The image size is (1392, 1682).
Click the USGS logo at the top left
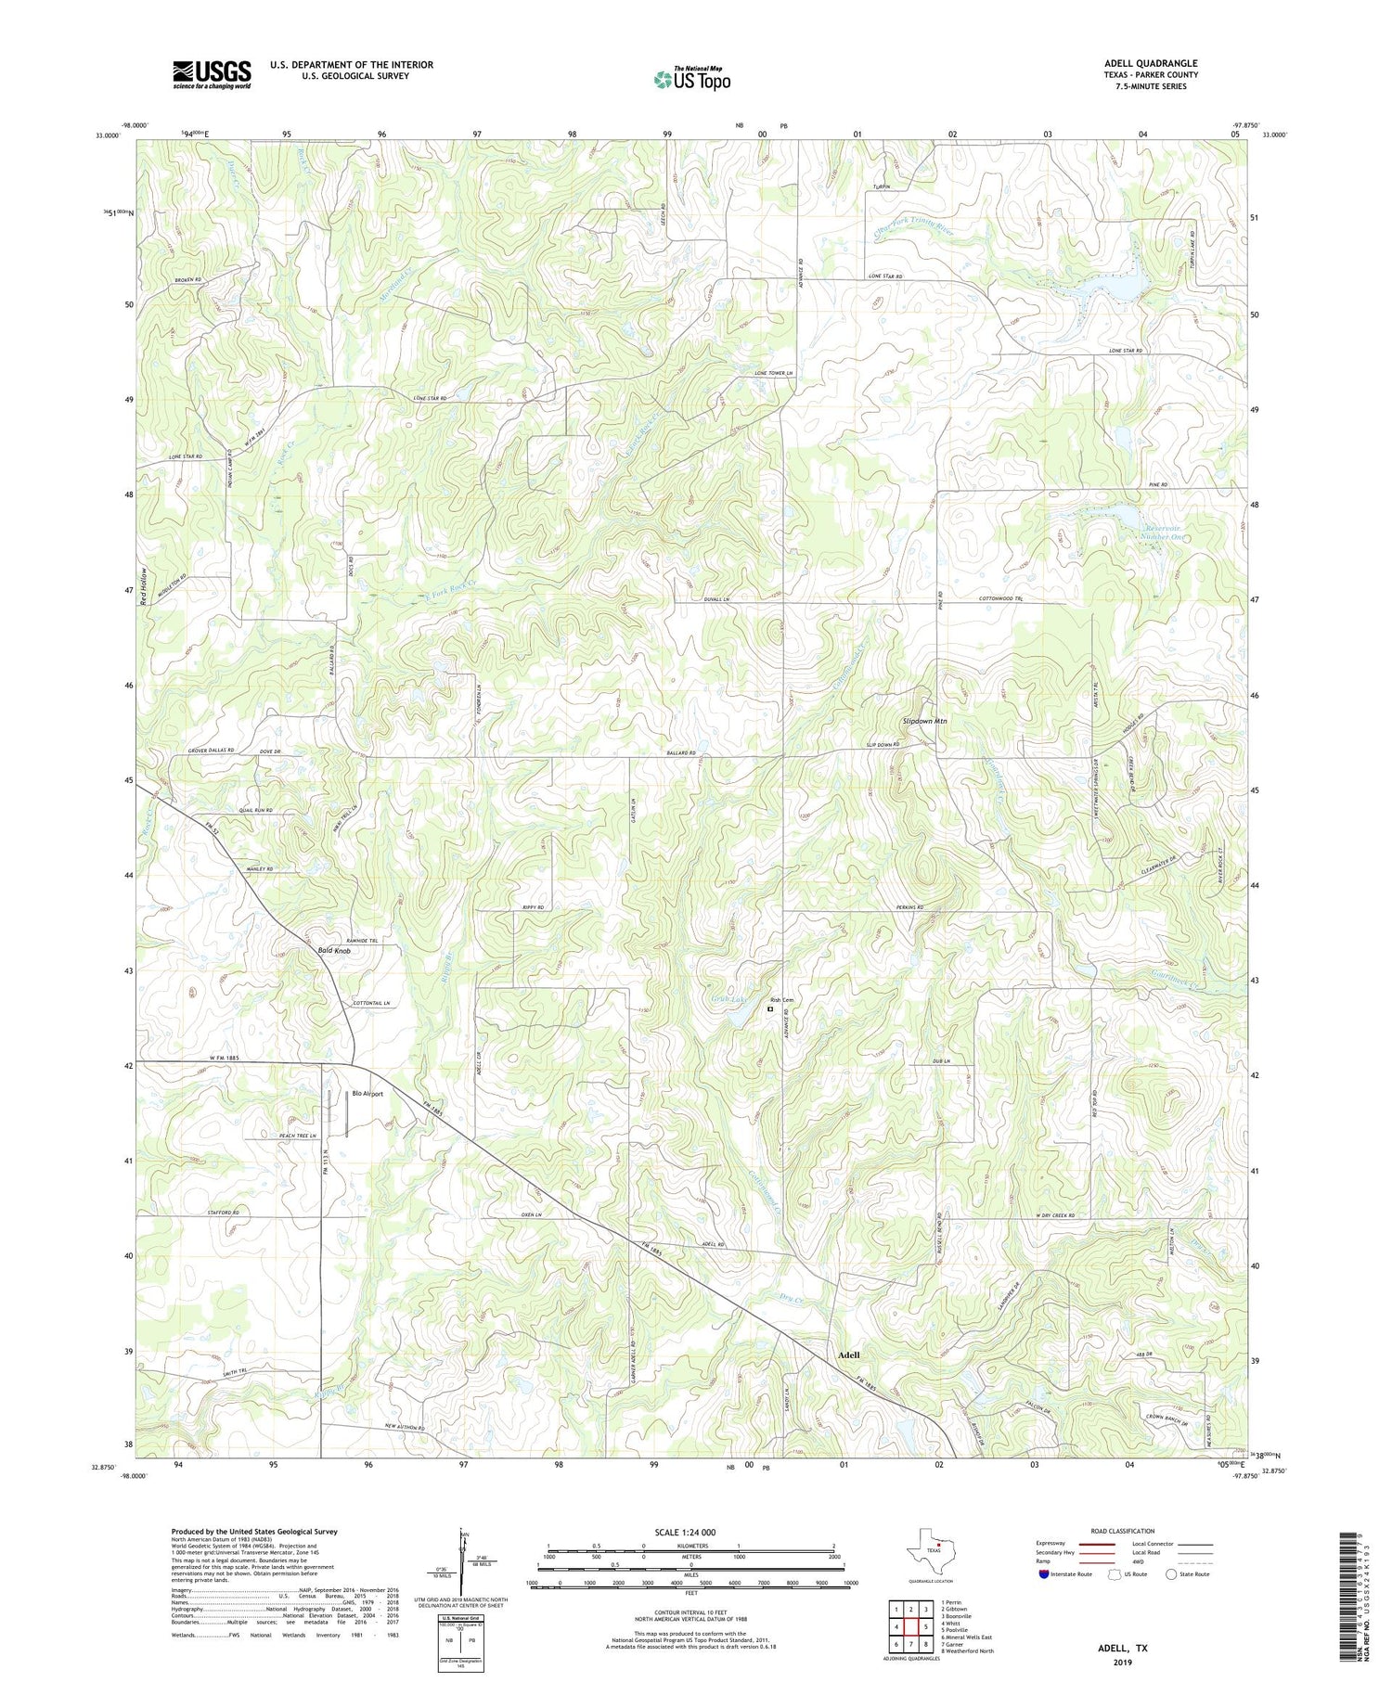coord(212,74)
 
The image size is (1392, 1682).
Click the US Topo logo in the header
coord(692,80)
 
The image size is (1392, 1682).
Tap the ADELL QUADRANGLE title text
coord(1151,63)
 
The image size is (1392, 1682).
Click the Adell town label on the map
coord(847,1355)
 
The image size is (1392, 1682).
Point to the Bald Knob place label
coord(333,951)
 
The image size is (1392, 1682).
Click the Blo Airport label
coord(367,1094)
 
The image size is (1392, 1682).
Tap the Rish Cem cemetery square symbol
coord(770,1008)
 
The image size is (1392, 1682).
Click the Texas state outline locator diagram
coord(928,1549)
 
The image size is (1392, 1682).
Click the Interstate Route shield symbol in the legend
coord(1044,1574)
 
